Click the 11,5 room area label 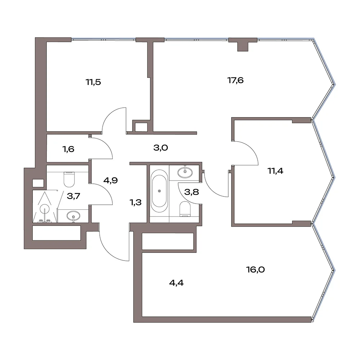(94, 82)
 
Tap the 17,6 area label (235, 80)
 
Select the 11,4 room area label (275, 171)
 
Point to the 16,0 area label (256, 269)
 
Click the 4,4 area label (176, 283)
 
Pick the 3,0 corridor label (161, 148)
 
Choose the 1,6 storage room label (68, 149)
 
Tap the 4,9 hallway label (111, 180)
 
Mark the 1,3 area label (135, 202)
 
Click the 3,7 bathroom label (73, 196)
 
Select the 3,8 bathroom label (192, 192)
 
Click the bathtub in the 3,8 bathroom (159, 191)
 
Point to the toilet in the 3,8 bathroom (185, 209)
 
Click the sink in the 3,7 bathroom (73, 216)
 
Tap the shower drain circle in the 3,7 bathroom (44, 209)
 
